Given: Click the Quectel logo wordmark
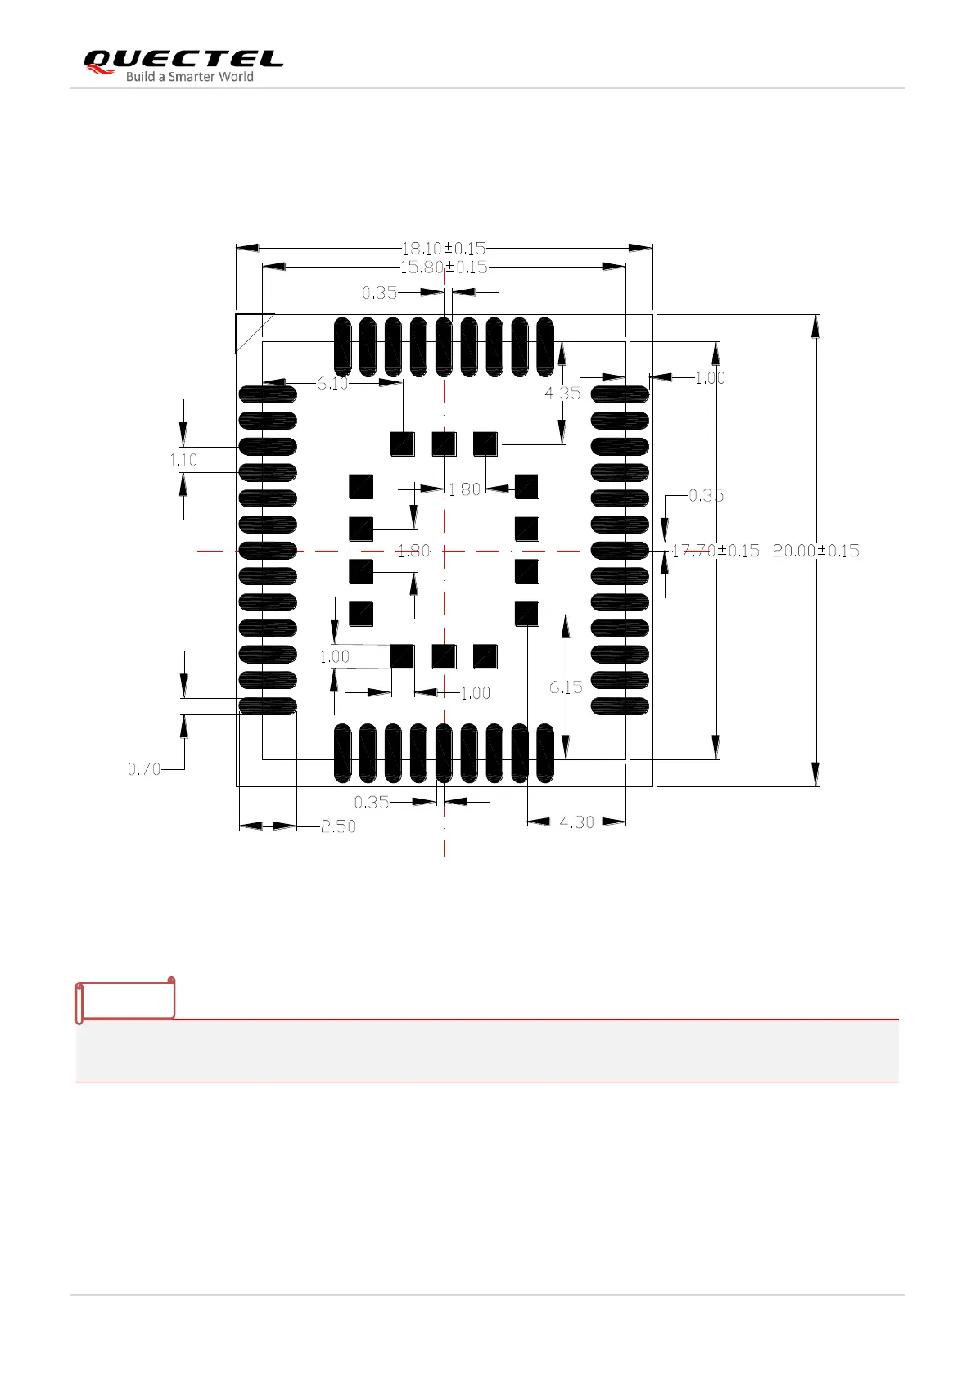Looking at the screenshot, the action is (x=183, y=59).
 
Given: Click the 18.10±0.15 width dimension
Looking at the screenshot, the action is (x=443, y=248).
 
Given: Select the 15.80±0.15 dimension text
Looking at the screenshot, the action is (x=443, y=268).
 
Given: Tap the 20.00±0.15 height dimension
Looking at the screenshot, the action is (x=815, y=551).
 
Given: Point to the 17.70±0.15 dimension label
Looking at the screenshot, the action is (x=715, y=551).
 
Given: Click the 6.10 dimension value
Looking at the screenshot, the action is (x=332, y=384).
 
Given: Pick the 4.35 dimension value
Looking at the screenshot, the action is (x=562, y=394).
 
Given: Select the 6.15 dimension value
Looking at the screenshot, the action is (x=566, y=687).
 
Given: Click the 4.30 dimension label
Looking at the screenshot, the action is (x=576, y=822).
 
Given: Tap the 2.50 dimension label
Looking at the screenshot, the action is (x=338, y=827).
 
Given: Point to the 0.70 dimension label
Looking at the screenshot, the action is (x=144, y=769).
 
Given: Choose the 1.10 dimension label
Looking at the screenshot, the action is (x=183, y=461).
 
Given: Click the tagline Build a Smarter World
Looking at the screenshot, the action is (x=189, y=77).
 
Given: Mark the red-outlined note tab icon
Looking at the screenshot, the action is (x=125, y=999).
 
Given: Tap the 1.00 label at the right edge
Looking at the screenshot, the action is (x=710, y=378).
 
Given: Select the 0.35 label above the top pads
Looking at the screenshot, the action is (x=379, y=293).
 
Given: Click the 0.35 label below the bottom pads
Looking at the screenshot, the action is (x=371, y=803).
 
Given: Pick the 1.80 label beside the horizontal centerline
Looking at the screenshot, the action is (x=413, y=552).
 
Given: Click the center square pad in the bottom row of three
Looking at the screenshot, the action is (x=444, y=656).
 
